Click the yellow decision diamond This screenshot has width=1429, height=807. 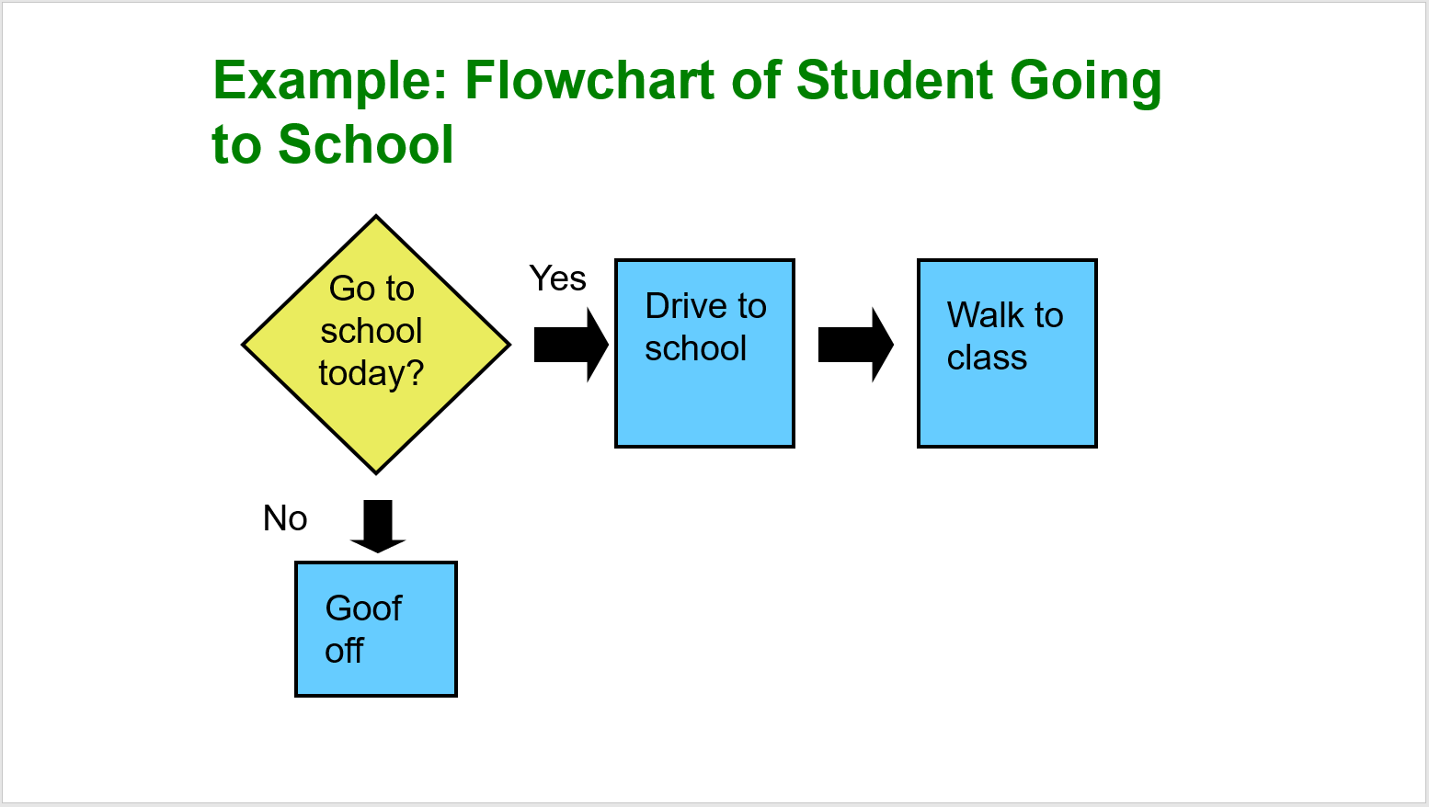(x=375, y=345)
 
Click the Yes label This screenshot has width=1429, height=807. (x=557, y=278)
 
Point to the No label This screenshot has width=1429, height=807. (x=285, y=518)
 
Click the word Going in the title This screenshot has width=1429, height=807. (x=1085, y=81)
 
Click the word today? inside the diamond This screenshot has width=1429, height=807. (x=372, y=373)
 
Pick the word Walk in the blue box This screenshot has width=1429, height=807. (x=985, y=315)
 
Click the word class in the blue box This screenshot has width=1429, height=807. (x=987, y=358)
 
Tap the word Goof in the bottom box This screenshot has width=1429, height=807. (x=363, y=608)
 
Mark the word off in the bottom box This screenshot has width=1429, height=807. (x=344, y=651)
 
